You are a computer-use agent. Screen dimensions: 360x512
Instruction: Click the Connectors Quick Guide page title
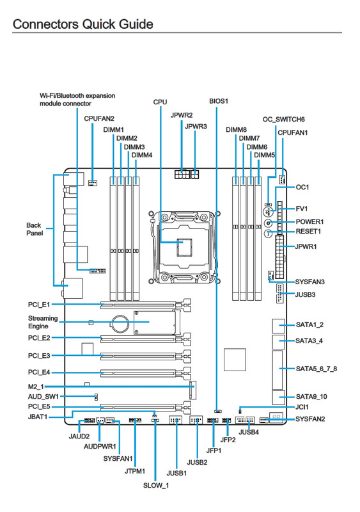(x=83, y=24)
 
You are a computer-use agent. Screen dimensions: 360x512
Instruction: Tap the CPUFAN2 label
(x=99, y=118)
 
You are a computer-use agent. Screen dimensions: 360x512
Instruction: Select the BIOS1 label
(x=219, y=101)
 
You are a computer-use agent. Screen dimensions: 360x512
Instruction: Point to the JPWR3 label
(x=196, y=126)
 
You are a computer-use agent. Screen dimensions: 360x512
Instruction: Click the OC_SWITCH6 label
(x=284, y=120)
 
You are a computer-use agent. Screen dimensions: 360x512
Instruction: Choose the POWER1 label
(x=309, y=221)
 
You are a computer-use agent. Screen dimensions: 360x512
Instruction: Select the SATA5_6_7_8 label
(x=317, y=369)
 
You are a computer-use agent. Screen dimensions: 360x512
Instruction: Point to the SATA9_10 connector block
(x=278, y=397)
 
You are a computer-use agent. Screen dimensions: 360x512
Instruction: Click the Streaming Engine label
(x=43, y=323)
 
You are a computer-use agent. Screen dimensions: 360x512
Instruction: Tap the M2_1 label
(x=36, y=387)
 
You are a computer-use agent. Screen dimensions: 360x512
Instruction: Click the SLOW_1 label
(x=156, y=486)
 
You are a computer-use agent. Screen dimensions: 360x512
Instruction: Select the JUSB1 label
(x=176, y=473)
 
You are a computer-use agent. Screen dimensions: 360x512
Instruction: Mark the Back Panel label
(x=35, y=229)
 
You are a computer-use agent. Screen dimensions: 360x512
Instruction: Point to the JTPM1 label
(x=135, y=471)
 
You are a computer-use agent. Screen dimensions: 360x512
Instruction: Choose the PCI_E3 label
(x=39, y=356)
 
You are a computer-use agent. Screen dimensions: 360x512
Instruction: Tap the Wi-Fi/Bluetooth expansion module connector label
(x=77, y=100)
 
